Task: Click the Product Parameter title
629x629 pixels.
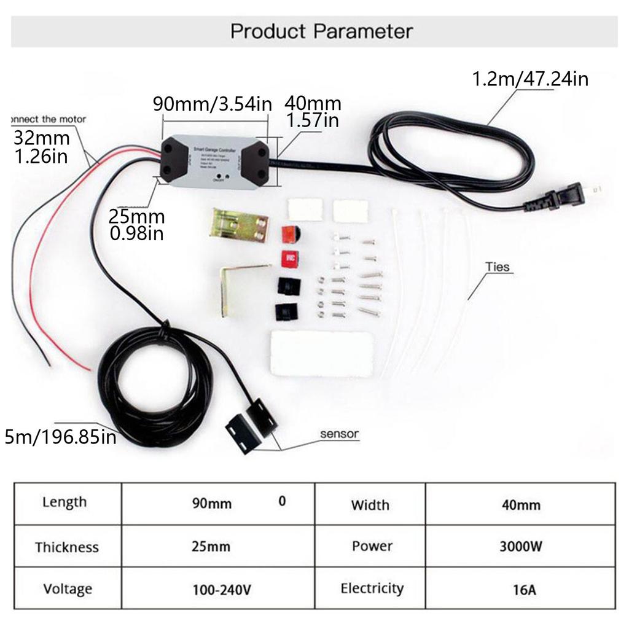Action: point(321,31)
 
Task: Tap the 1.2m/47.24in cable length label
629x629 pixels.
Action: point(529,79)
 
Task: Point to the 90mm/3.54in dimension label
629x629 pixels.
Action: point(212,103)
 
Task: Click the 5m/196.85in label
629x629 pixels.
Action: point(60,437)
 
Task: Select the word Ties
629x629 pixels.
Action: point(498,267)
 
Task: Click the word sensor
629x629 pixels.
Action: point(339,434)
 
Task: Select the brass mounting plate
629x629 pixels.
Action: point(240,225)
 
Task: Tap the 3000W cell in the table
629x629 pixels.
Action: point(520,546)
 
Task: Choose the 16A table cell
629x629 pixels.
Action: point(524,590)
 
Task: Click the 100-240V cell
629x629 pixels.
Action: point(221,590)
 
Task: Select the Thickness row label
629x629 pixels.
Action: point(67,547)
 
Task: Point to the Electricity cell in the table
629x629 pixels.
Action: point(372,588)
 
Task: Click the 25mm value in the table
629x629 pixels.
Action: point(211,546)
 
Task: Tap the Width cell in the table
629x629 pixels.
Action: point(370,505)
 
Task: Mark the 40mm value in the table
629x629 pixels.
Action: point(522,505)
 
